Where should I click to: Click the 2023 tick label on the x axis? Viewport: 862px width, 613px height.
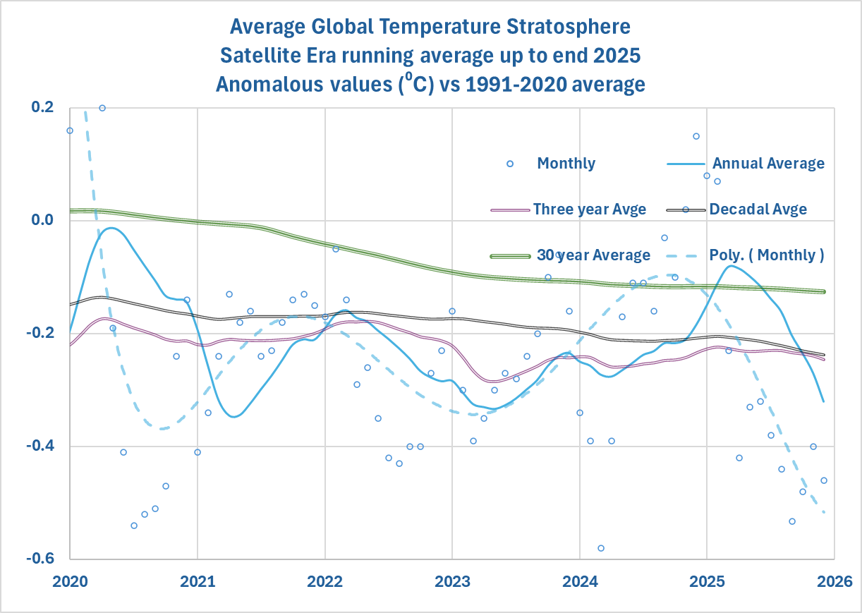point(451,583)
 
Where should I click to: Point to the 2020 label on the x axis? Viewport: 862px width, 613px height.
point(70,583)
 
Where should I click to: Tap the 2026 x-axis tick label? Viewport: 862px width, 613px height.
point(834,583)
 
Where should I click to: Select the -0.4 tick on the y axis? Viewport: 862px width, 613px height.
point(41,447)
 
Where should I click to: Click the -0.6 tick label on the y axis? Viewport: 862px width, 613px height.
point(41,559)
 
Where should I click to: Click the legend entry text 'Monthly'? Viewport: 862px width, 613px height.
point(566,164)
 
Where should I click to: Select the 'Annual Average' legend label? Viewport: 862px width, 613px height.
point(768,164)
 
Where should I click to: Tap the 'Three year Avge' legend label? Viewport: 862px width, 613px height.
point(589,210)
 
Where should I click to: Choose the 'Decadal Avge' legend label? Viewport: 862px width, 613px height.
point(758,210)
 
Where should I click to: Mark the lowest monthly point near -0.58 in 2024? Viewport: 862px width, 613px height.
point(601,548)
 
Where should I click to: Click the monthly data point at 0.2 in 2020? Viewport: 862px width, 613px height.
point(102,108)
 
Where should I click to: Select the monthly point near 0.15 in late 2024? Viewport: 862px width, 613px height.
point(696,136)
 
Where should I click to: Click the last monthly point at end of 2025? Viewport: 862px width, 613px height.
point(823,480)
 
